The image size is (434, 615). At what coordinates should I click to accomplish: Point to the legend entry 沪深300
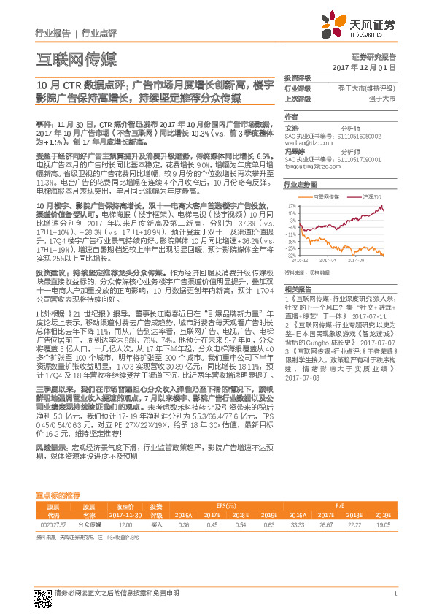coord(365,196)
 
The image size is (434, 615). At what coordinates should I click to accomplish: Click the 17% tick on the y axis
coord(291,206)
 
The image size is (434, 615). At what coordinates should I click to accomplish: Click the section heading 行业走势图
coord(298,186)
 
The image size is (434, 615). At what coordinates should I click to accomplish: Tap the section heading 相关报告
coord(295,290)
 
